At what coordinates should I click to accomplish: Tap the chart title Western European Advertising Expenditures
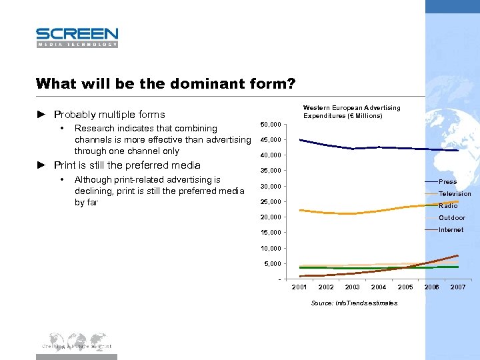point(351,111)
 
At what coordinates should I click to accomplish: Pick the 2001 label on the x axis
point(300,287)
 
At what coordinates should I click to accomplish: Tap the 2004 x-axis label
point(379,287)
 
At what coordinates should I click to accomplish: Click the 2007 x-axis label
point(458,287)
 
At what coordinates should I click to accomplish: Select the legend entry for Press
point(447,181)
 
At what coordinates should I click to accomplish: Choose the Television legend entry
point(455,193)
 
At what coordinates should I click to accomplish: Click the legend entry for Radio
point(448,205)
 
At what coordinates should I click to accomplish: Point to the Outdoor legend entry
point(452,217)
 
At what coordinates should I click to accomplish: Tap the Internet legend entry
point(451,229)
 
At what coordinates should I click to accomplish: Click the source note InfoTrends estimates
point(354,303)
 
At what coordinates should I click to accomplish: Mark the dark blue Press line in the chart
point(353,147)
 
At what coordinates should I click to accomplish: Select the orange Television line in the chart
point(353,213)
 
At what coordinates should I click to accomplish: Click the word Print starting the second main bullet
point(65,165)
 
